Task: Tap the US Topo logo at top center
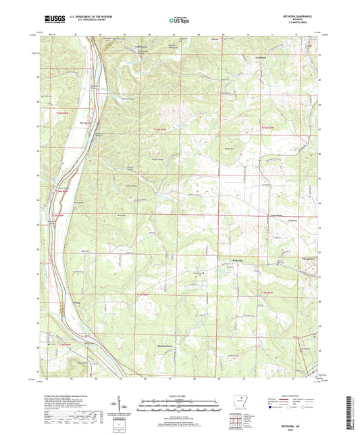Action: click(x=174, y=21)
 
